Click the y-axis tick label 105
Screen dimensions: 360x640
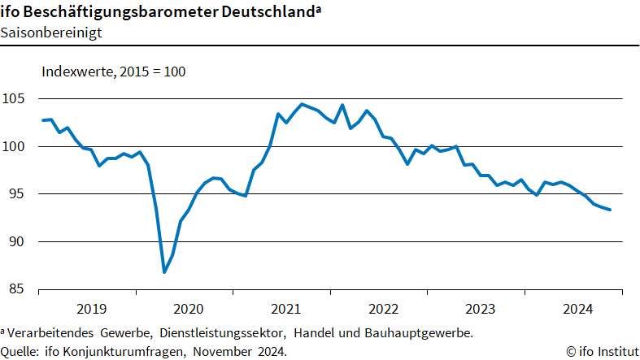[x=15, y=99]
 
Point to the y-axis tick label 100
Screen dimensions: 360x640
[x=15, y=146]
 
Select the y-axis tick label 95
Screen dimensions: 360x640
[x=18, y=194]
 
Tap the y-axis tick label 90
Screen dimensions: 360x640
[x=18, y=241]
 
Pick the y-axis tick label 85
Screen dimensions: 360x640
[x=18, y=289]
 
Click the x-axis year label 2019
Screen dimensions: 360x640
[x=91, y=309]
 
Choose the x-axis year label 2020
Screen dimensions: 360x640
[x=188, y=309]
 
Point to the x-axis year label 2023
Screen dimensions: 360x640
[x=480, y=309]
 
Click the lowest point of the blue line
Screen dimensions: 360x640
[x=164, y=271]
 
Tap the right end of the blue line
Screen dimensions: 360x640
[x=610, y=210]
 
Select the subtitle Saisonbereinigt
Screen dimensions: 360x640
[x=51, y=33]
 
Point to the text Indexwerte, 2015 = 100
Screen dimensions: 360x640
[x=114, y=72]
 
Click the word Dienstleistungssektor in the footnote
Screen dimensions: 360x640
[x=223, y=333]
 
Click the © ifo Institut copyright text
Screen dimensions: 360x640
[x=601, y=351]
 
